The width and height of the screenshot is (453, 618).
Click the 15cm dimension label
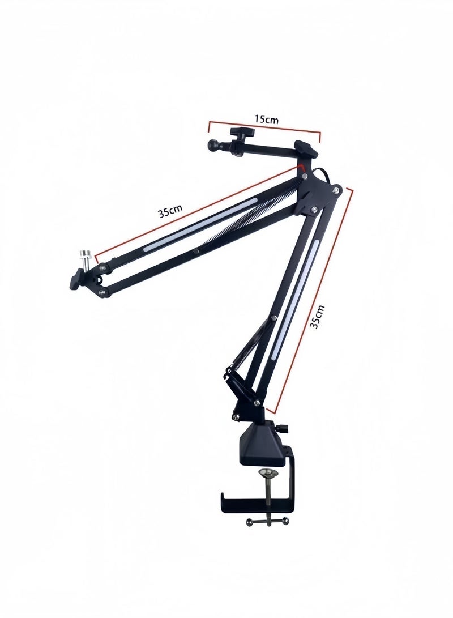pos(266,118)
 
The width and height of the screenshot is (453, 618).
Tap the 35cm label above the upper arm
pos(170,211)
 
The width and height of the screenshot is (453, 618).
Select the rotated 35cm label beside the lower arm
pos(317,317)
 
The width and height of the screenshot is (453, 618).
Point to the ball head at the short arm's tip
pos(213,144)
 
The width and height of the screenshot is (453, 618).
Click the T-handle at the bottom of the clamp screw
pos(267,522)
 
